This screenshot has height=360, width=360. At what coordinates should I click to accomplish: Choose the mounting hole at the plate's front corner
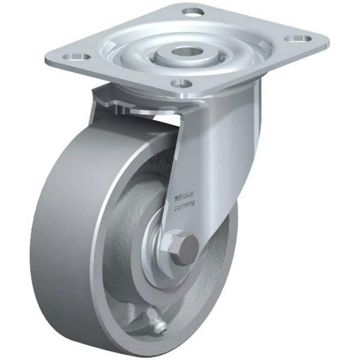point(181,84)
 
